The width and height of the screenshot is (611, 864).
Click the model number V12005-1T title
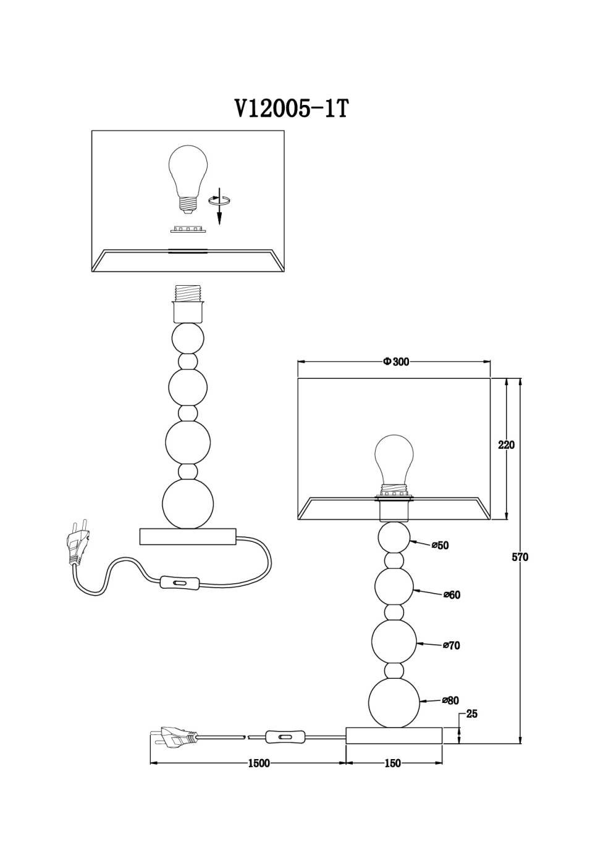point(292,109)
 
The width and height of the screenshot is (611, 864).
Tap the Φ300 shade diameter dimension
point(396,362)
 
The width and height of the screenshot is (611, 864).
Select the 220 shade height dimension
point(507,445)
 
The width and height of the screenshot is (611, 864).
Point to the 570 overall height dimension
point(520,557)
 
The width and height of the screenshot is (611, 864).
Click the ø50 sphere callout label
point(440,546)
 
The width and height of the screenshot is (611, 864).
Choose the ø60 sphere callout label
point(452,595)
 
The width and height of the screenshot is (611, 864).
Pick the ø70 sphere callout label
point(452,646)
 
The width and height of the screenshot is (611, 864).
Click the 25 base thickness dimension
point(471,714)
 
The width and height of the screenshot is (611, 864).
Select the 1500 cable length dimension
point(259,763)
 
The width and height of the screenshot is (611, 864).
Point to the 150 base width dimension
point(393,763)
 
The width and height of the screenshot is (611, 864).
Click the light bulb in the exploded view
point(188,179)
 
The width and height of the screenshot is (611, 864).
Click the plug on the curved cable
point(78,541)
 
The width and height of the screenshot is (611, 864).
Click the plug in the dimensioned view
point(174,737)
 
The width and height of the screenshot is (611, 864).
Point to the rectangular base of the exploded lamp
point(188,536)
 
